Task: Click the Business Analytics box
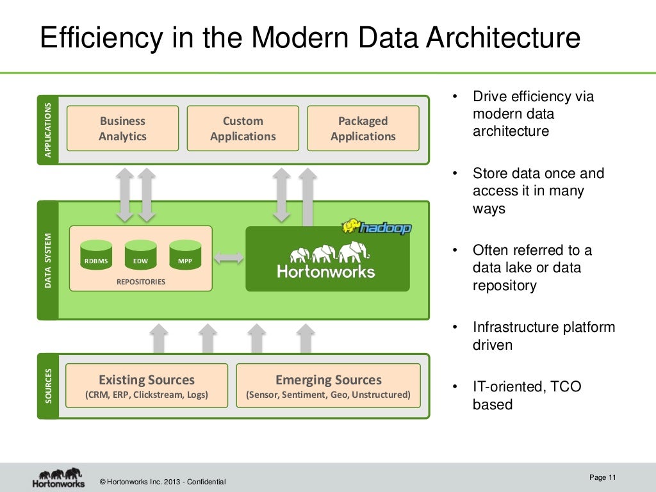tap(122, 128)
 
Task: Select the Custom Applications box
tap(243, 128)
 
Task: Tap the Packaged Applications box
tap(363, 128)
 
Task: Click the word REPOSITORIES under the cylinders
tap(140, 281)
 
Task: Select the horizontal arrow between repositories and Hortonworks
tap(229, 258)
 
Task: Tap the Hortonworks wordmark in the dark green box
tap(325, 272)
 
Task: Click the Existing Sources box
tap(147, 386)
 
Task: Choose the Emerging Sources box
tap(328, 386)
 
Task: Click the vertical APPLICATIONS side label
tap(47, 130)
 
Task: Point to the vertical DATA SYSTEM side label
tap(47, 259)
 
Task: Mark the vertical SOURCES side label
tap(47, 386)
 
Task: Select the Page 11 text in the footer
tap(602, 477)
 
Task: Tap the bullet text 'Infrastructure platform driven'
tap(543, 336)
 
